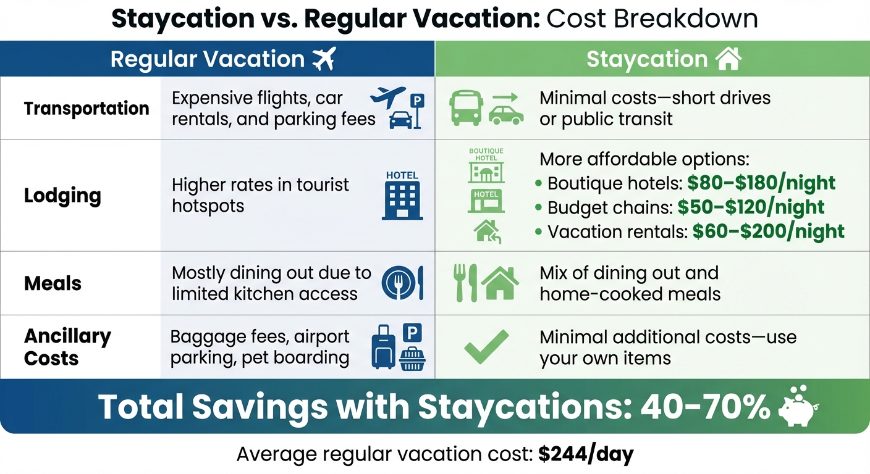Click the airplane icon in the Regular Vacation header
[x=323, y=59]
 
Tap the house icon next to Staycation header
[x=727, y=59]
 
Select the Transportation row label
[x=87, y=109]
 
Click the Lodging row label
[x=62, y=196]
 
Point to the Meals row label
[x=53, y=283]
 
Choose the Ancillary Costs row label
[x=67, y=347]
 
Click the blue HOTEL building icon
[x=402, y=196]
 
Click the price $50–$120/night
[x=751, y=207]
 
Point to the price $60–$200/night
[x=768, y=231]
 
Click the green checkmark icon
[x=486, y=346]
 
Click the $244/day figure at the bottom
[x=586, y=455]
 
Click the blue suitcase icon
[x=383, y=348]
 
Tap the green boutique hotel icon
[x=486, y=165]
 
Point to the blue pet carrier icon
[x=412, y=358]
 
